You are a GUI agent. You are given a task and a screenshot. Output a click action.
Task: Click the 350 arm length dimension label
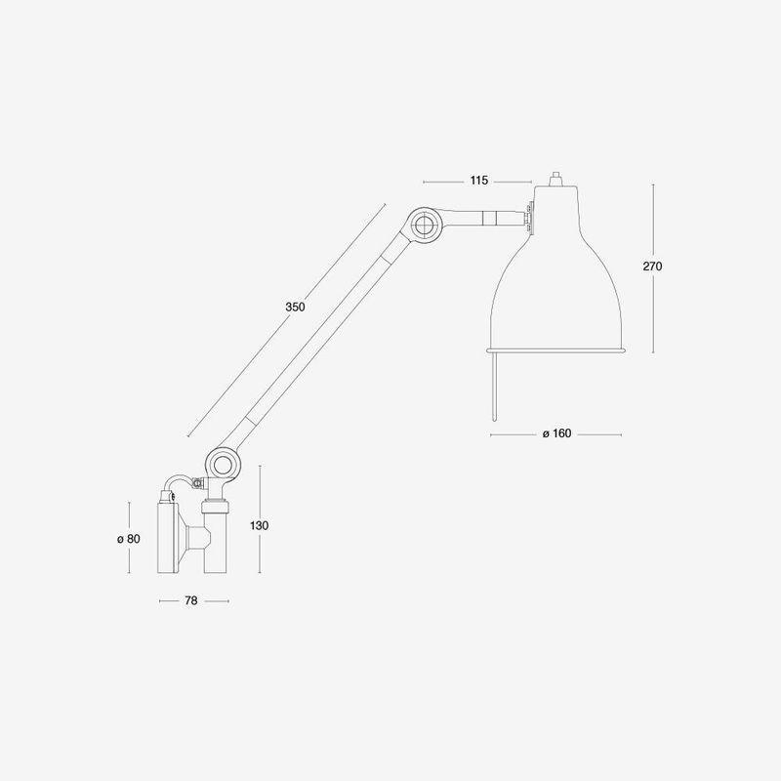coord(295,307)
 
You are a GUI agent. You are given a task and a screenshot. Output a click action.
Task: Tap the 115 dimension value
coord(479,181)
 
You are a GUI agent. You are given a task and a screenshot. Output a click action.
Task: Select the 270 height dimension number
coord(652,267)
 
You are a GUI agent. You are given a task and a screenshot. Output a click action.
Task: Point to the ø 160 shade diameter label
coord(556,433)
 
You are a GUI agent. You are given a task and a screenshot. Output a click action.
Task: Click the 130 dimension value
coord(259,525)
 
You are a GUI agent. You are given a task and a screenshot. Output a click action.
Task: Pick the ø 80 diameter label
coord(129,539)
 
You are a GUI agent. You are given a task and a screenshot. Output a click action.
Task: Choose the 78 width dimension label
coord(191,600)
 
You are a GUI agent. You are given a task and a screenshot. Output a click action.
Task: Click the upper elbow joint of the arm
coord(425,225)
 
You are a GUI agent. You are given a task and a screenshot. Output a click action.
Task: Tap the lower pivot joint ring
coord(221,465)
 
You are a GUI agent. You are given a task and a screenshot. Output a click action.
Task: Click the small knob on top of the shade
coord(555,179)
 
